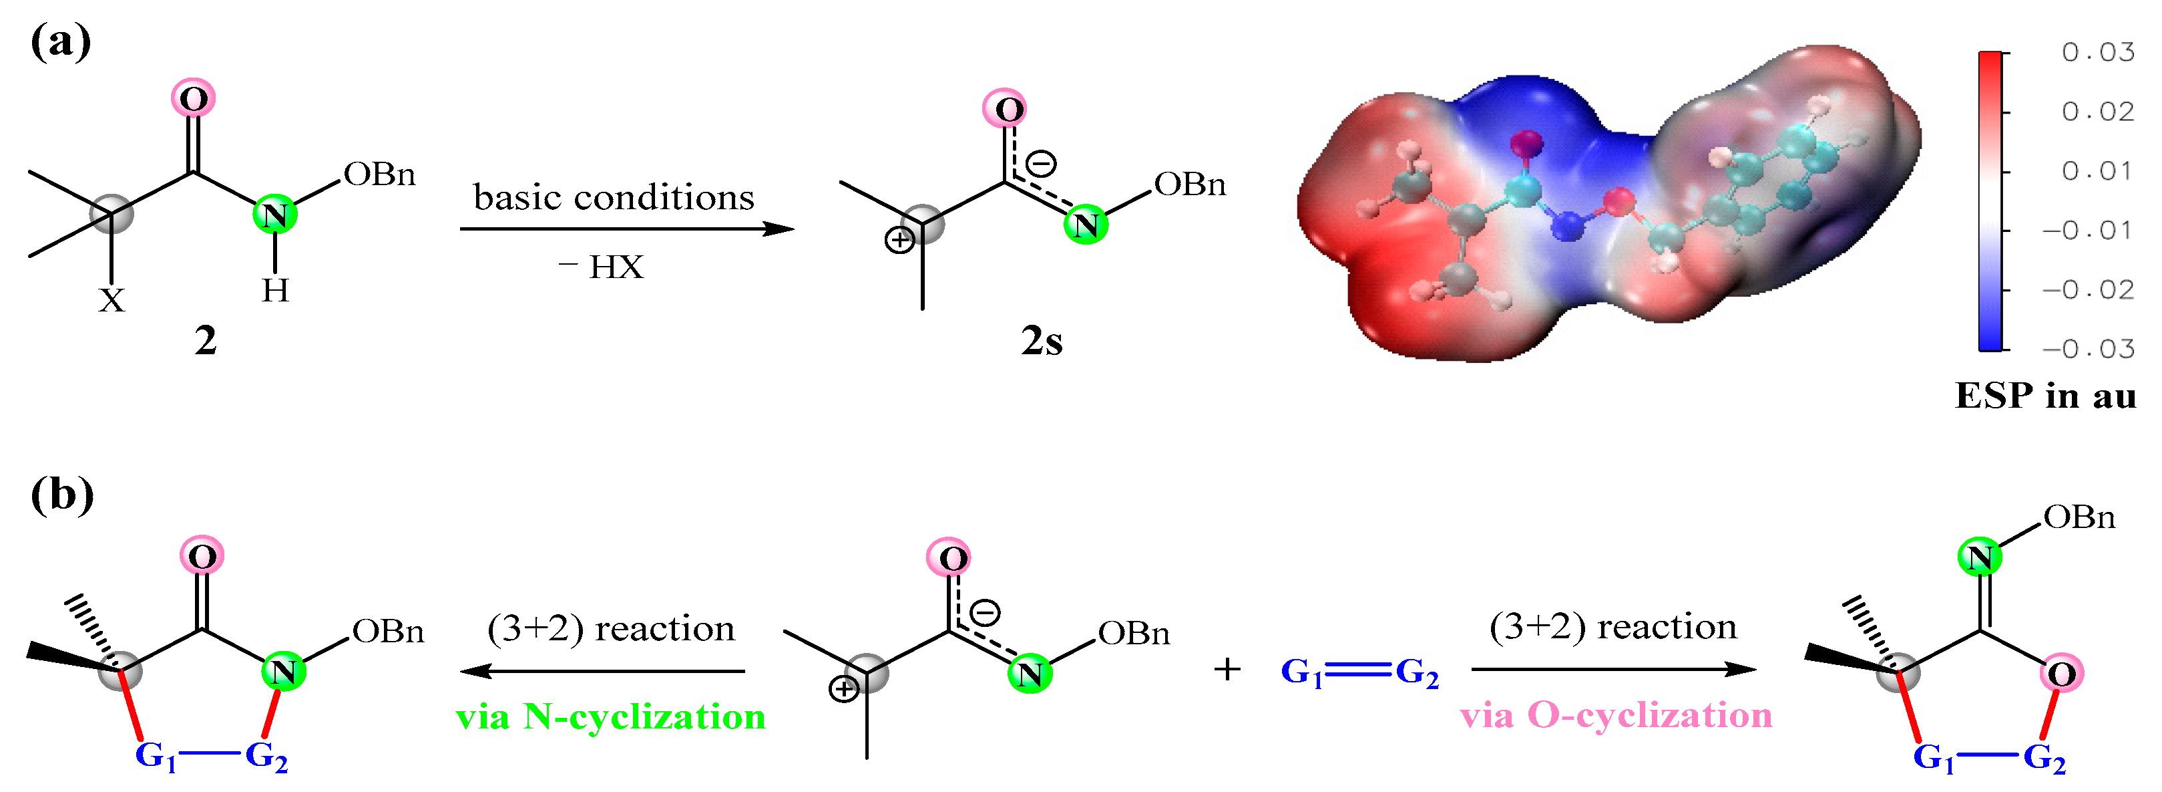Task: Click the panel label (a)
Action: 61,42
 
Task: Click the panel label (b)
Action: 62,495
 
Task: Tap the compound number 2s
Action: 1042,341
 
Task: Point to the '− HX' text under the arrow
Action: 601,268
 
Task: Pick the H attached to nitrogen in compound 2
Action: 275,291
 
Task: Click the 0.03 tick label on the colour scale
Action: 2097,53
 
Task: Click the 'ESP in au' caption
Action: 2045,396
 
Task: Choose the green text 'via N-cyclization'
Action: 610,717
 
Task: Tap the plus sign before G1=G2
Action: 1227,670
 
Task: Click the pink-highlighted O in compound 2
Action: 193,99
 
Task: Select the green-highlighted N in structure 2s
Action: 1085,225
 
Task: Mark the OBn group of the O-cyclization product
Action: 2079,517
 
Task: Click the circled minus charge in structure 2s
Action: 1042,163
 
